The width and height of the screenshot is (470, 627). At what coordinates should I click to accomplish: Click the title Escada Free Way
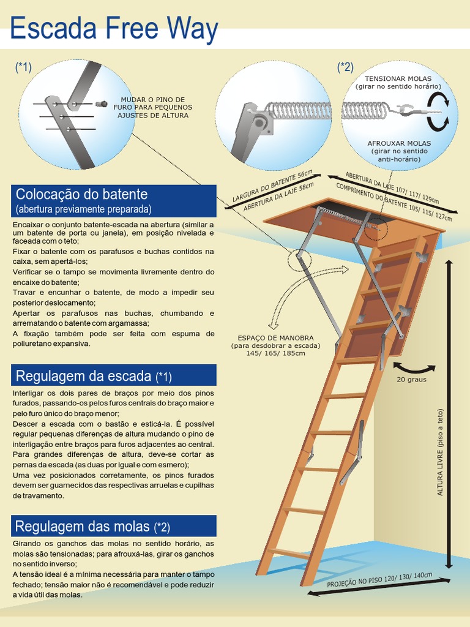pyautogui.click(x=114, y=29)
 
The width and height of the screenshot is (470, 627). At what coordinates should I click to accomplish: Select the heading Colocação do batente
pyautogui.click(x=81, y=195)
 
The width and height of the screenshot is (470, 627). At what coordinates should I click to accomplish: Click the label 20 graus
pyautogui.click(x=411, y=379)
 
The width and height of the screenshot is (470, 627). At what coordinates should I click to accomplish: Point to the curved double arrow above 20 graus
pyautogui.click(x=414, y=367)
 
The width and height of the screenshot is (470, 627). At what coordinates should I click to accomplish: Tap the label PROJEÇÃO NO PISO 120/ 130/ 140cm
pyautogui.click(x=379, y=580)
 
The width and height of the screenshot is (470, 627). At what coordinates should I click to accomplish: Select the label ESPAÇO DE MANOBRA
pyautogui.click(x=275, y=338)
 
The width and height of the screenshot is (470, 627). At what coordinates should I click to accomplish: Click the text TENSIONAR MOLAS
pyautogui.click(x=398, y=79)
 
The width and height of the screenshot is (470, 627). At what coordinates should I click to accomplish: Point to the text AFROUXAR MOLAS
pyautogui.click(x=399, y=143)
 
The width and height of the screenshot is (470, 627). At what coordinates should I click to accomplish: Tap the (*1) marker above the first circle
pyautogui.click(x=23, y=67)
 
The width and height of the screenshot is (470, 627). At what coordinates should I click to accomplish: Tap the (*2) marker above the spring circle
pyautogui.click(x=345, y=67)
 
